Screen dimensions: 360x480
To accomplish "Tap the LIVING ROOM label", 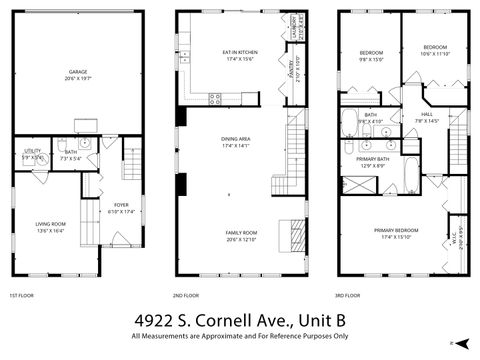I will point(51,224).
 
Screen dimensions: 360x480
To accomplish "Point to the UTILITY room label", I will point(32,151).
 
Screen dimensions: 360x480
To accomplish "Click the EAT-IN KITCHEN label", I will point(240,53).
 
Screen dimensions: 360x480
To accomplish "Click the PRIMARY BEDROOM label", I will point(396,231).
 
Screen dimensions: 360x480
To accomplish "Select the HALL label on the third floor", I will point(427,115).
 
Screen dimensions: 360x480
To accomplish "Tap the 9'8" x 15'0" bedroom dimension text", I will point(372,59).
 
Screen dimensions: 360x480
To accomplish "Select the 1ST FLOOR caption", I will point(22,296).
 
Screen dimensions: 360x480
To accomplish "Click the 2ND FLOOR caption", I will point(185,296).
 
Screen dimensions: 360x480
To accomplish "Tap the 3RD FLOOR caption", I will point(349,296).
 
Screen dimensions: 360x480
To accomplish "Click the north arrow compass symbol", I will point(462,341).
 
